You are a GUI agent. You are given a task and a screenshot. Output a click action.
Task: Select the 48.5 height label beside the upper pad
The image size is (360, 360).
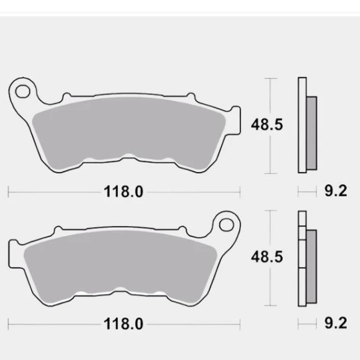point(267,124)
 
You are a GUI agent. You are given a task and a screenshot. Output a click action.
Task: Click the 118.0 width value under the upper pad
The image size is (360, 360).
point(123,192)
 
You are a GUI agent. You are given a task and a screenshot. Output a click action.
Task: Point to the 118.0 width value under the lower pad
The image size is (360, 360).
point(123,324)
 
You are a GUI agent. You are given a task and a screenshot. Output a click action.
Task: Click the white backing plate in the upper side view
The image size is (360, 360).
point(302,124)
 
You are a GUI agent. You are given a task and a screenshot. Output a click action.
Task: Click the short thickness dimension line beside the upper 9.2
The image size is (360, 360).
point(307,192)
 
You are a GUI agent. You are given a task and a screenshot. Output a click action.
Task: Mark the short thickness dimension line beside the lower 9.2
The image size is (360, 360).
point(307,324)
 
